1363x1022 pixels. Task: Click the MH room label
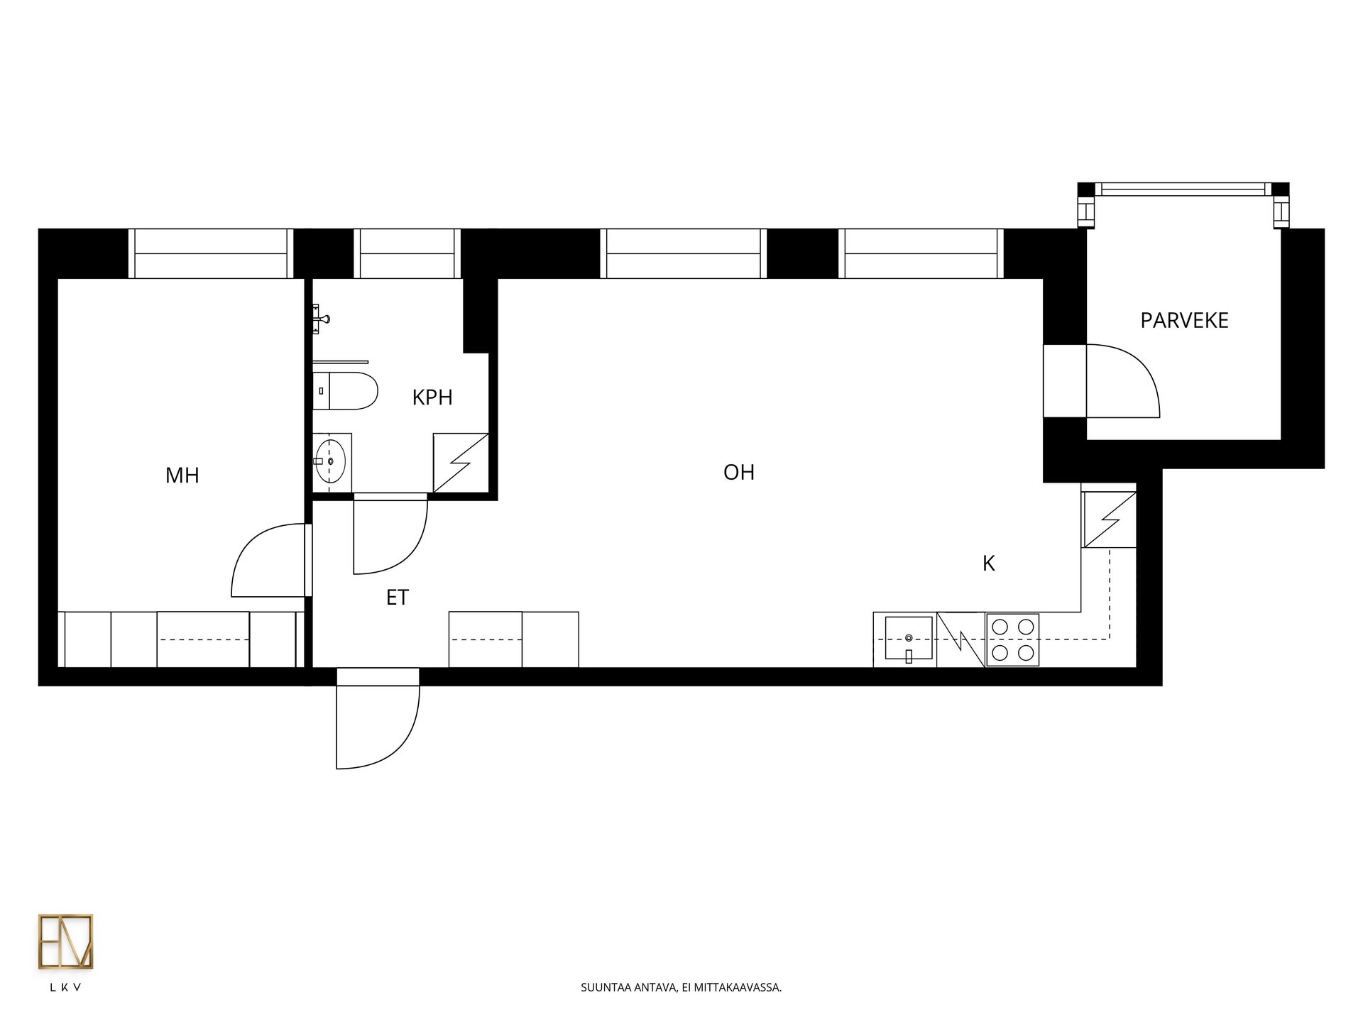click(x=182, y=476)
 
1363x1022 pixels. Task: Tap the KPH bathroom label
click(x=432, y=397)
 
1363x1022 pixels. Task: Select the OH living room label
click(x=739, y=473)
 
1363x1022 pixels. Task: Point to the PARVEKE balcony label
click(x=1184, y=321)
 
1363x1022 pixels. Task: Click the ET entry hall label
click(x=398, y=598)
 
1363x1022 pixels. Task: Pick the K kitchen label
click(x=988, y=564)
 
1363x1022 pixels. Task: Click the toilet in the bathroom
click(x=346, y=391)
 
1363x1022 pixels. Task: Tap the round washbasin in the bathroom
click(x=331, y=461)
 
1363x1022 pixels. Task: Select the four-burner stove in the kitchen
click(x=1012, y=639)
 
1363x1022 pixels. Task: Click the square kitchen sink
click(x=909, y=638)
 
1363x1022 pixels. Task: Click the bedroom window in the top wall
click(x=211, y=253)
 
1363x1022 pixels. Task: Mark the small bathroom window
click(x=407, y=253)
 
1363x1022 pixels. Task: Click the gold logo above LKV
click(x=65, y=942)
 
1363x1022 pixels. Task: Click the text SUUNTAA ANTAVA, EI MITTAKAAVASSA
click(x=681, y=987)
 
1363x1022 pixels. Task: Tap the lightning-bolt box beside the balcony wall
click(x=1109, y=520)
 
